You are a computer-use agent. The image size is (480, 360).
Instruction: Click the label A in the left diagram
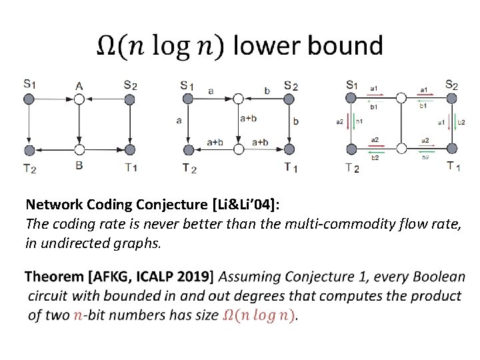click(79, 85)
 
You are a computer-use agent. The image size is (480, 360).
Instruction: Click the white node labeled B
click(79, 149)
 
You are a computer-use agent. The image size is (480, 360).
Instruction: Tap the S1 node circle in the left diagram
click(29, 99)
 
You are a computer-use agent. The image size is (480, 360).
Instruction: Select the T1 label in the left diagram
click(130, 167)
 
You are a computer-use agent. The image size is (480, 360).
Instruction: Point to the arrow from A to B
click(79, 124)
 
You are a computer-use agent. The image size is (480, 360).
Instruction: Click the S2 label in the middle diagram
click(290, 85)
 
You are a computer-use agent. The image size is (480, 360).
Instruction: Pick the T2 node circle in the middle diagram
click(189, 149)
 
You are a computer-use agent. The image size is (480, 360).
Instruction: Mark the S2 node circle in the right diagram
click(451, 98)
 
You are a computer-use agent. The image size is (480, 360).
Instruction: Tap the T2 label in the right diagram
click(352, 167)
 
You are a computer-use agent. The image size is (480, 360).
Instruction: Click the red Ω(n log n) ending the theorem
click(259, 315)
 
